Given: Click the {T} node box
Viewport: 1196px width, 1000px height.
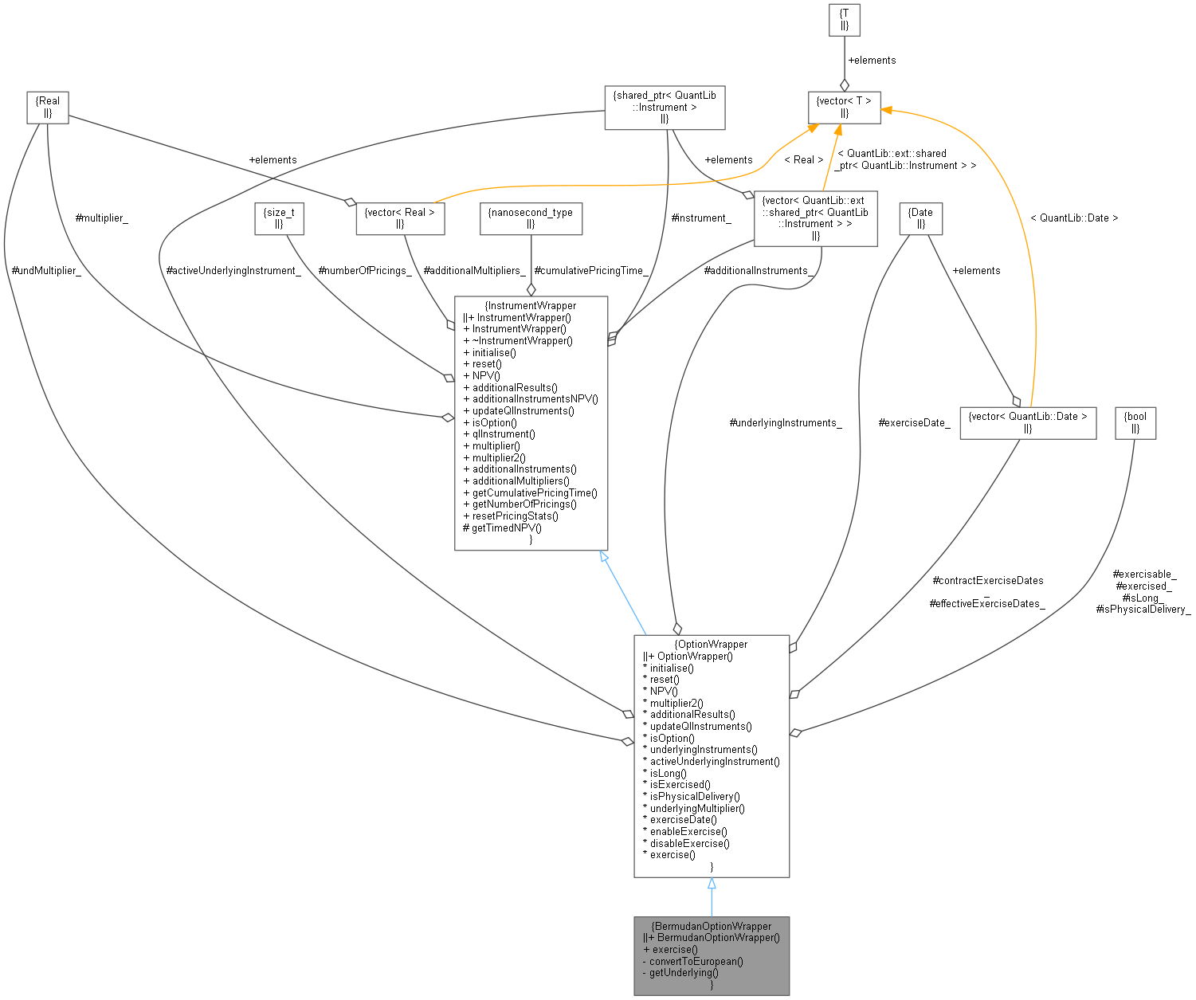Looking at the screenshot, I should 844,20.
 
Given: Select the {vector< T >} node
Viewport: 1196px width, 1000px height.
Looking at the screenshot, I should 845,108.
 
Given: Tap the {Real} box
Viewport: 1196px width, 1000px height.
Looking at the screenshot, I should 47,108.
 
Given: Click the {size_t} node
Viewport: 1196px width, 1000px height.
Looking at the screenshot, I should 279,218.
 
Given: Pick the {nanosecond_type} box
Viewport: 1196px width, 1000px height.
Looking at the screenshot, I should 531,218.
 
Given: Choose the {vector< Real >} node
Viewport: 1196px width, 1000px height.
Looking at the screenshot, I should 399,218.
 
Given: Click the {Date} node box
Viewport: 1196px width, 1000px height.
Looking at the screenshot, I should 920,218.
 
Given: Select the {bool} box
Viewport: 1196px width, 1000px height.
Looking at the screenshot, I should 1135,422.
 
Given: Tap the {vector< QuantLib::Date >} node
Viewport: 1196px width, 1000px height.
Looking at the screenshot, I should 1027,422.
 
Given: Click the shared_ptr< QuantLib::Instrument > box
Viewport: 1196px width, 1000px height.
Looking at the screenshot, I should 665,108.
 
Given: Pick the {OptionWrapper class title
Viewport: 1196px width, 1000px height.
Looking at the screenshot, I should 711,644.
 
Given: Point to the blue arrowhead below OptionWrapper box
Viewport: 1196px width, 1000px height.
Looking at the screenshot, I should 712,884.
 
